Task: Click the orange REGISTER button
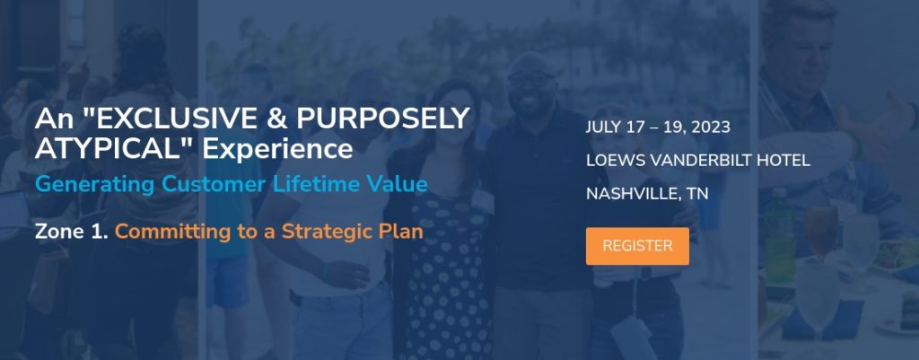coord(637,246)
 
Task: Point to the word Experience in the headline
coord(277,150)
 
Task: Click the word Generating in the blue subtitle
coord(95,185)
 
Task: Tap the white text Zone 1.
coord(72,232)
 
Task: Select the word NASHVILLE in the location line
coord(633,194)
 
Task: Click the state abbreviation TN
coord(697,194)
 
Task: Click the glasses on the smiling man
coord(531,79)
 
